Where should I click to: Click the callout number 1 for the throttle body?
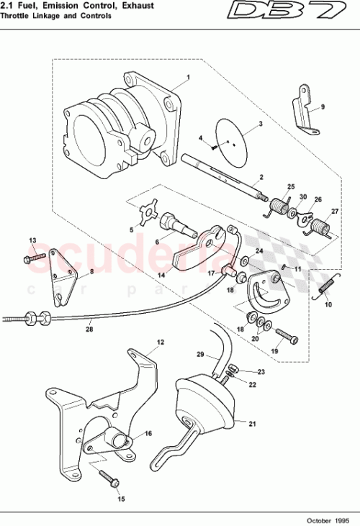[x=188, y=76]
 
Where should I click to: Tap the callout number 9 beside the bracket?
[x=323, y=106]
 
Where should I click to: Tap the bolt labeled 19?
[x=284, y=335]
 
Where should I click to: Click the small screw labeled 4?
[x=215, y=145]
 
